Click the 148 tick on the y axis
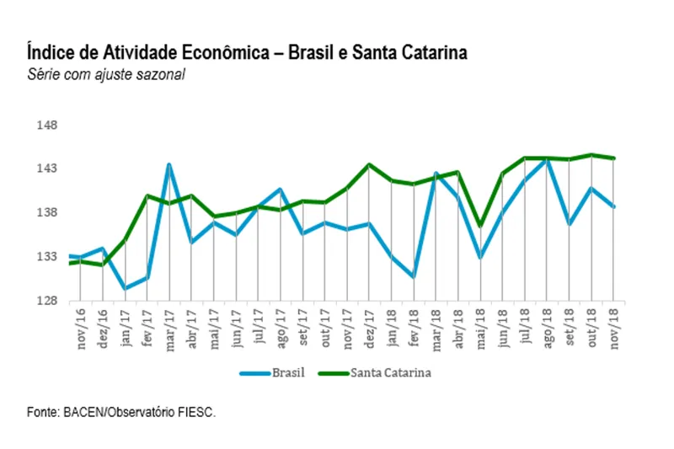pyautogui.click(x=46, y=126)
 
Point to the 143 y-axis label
pyautogui.click(x=46, y=169)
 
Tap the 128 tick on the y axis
pyautogui.click(x=46, y=301)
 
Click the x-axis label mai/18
pyautogui.click(x=481, y=323)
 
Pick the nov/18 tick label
pyautogui.click(x=614, y=323)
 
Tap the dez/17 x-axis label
pyautogui.click(x=369, y=323)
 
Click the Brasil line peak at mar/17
pyautogui.click(x=169, y=164)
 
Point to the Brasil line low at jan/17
pyautogui.click(x=125, y=288)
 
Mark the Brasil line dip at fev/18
pyautogui.click(x=414, y=276)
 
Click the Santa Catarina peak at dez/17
pyautogui.click(x=369, y=165)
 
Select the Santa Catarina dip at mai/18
pyautogui.click(x=480, y=226)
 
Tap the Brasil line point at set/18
pyautogui.click(x=570, y=224)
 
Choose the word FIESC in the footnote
pyautogui.click(x=197, y=413)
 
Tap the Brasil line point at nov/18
pyautogui.click(x=614, y=206)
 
